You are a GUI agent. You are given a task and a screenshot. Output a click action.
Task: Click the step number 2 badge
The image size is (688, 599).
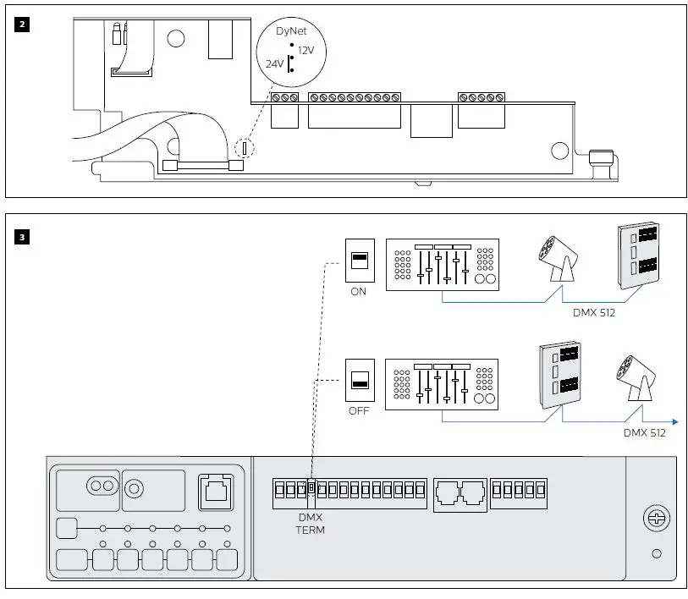click(22, 24)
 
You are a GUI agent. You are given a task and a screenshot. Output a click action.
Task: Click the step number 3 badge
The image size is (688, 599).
click(22, 236)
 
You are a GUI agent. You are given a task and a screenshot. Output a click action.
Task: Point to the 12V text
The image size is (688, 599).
click(305, 50)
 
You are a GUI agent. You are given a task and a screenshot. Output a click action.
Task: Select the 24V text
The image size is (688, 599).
click(275, 63)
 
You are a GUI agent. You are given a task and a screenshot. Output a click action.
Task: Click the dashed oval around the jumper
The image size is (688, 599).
click(245, 148)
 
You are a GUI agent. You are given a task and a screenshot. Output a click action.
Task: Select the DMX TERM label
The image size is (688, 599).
click(310, 524)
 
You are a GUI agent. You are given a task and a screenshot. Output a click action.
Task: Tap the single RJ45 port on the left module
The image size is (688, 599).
click(212, 491)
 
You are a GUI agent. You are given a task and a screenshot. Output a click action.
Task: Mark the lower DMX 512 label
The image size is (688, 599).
click(644, 433)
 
